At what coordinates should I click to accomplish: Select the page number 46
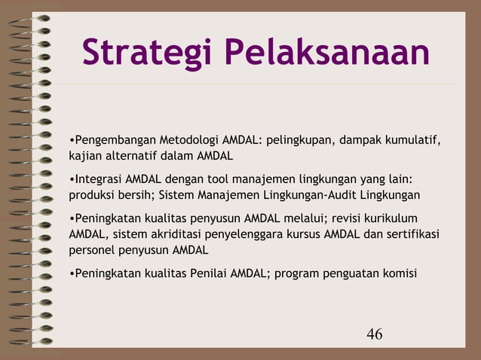click(x=374, y=333)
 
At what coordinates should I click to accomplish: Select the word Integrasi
click(x=98, y=179)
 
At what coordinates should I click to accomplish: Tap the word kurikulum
click(x=391, y=218)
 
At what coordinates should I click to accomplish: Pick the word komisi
click(x=399, y=273)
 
